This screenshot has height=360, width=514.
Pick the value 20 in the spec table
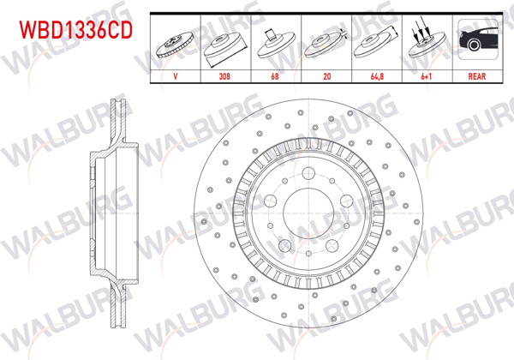click(323, 75)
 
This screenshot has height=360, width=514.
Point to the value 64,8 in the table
click(374, 75)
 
